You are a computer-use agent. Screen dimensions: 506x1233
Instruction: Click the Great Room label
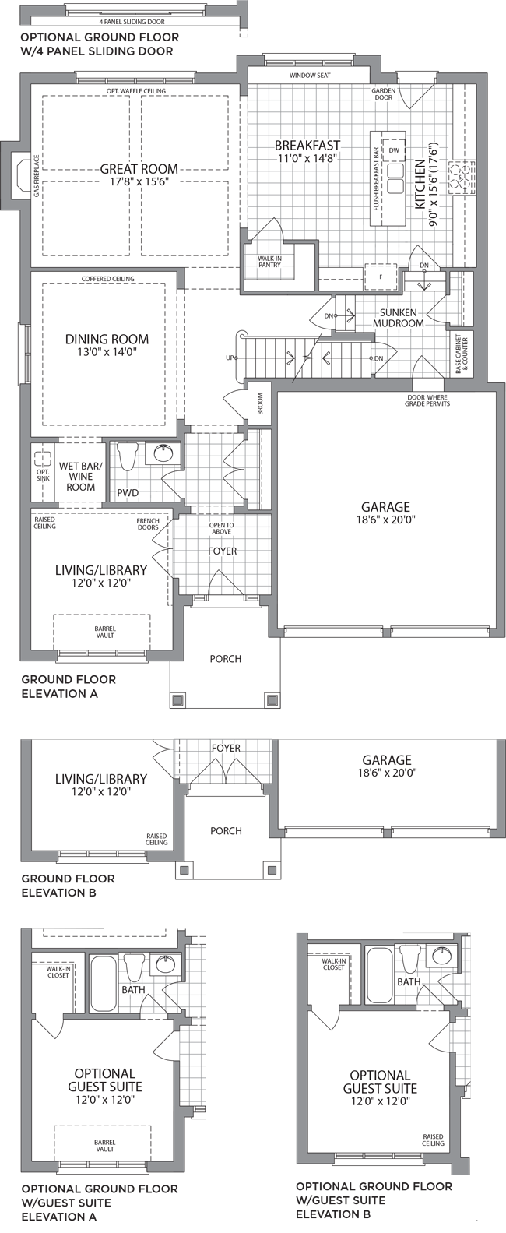tap(139, 169)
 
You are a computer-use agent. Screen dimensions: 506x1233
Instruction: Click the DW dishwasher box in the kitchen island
tap(394, 150)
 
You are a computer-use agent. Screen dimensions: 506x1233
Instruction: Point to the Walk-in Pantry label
tap(269, 262)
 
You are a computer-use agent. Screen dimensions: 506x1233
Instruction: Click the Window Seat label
tap(310, 76)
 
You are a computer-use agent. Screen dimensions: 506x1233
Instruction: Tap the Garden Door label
tap(383, 94)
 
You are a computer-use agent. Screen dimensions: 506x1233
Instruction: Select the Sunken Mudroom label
tap(399, 318)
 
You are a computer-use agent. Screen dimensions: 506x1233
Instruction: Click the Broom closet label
tap(260, 403)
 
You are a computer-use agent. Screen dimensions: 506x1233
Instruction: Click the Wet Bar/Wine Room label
tap(81, 477)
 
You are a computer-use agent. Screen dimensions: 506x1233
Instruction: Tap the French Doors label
tap(148, 524)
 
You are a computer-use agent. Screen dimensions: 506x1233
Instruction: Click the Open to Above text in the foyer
tap(222, 528)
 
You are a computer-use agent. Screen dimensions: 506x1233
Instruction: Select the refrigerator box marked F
tap(381, 277)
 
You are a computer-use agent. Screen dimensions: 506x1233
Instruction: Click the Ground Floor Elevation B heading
tap(69, 886)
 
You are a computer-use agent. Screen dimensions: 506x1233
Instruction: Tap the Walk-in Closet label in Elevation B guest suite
tap(334, 964)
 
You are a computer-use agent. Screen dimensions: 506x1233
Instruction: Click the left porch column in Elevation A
tap(177, 700)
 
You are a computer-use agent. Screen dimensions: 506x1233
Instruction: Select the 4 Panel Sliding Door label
tap(132, 22)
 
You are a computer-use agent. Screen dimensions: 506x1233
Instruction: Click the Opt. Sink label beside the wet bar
tap(43, 475)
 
